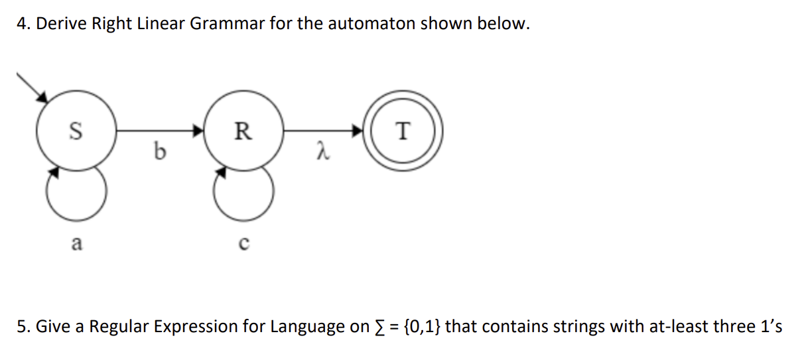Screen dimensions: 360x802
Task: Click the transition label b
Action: click(x=159, y=153)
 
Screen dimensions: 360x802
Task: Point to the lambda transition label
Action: click(x=322, y=154)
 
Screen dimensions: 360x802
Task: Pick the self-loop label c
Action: click(x=243, y=245)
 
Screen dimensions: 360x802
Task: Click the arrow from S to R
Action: click(x=159, y=131)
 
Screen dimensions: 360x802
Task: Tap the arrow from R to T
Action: click(x=325, y=131)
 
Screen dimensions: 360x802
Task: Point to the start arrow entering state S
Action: click(x=31, y=86)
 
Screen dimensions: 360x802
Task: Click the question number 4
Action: click(x=23, y=25)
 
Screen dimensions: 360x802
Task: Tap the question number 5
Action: click(x=23, y=327)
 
